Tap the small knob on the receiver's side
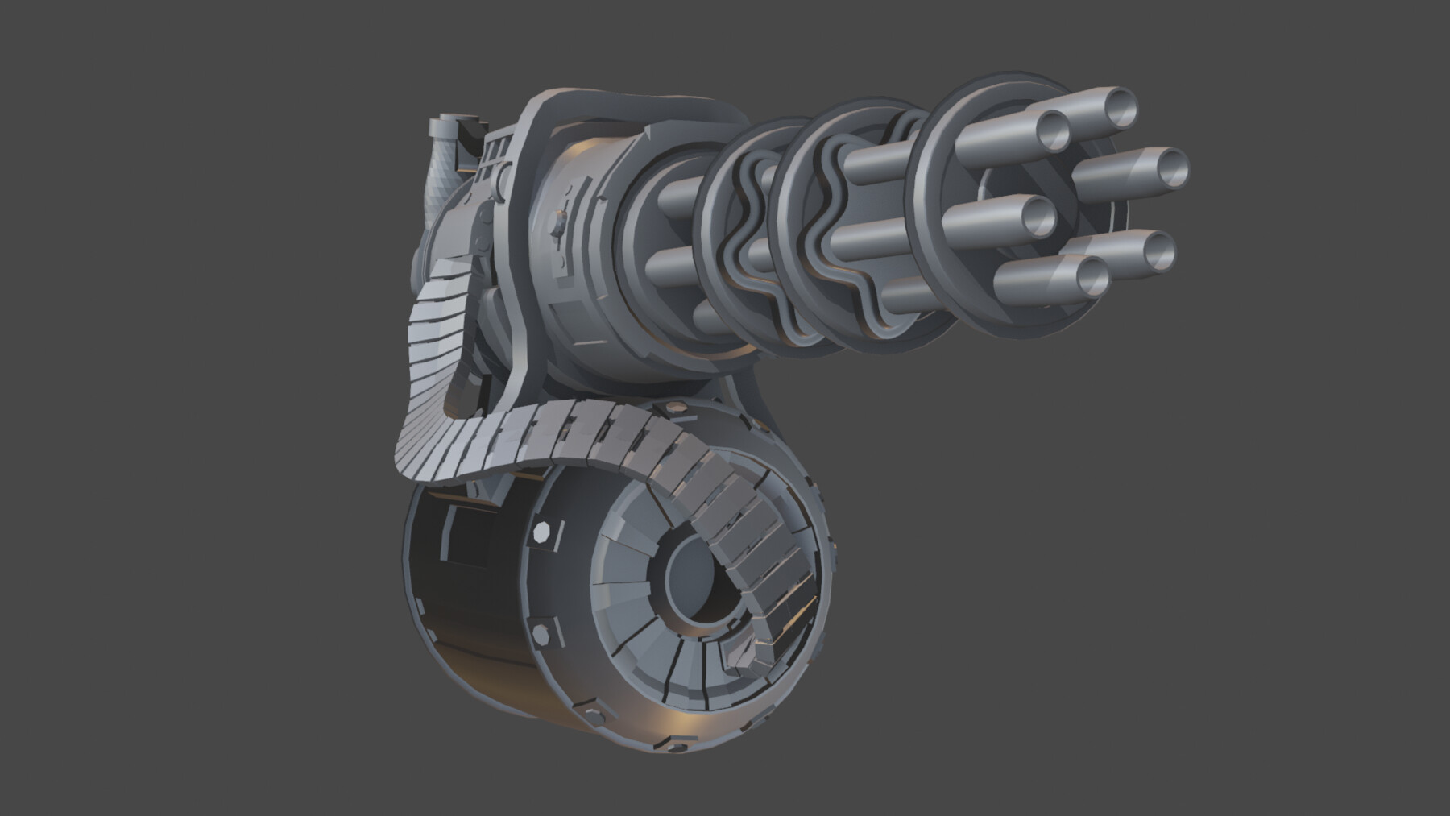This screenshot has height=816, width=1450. point(557,219)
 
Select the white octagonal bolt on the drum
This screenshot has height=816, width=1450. point(539,533)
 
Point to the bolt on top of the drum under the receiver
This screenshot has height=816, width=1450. point(673,408)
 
